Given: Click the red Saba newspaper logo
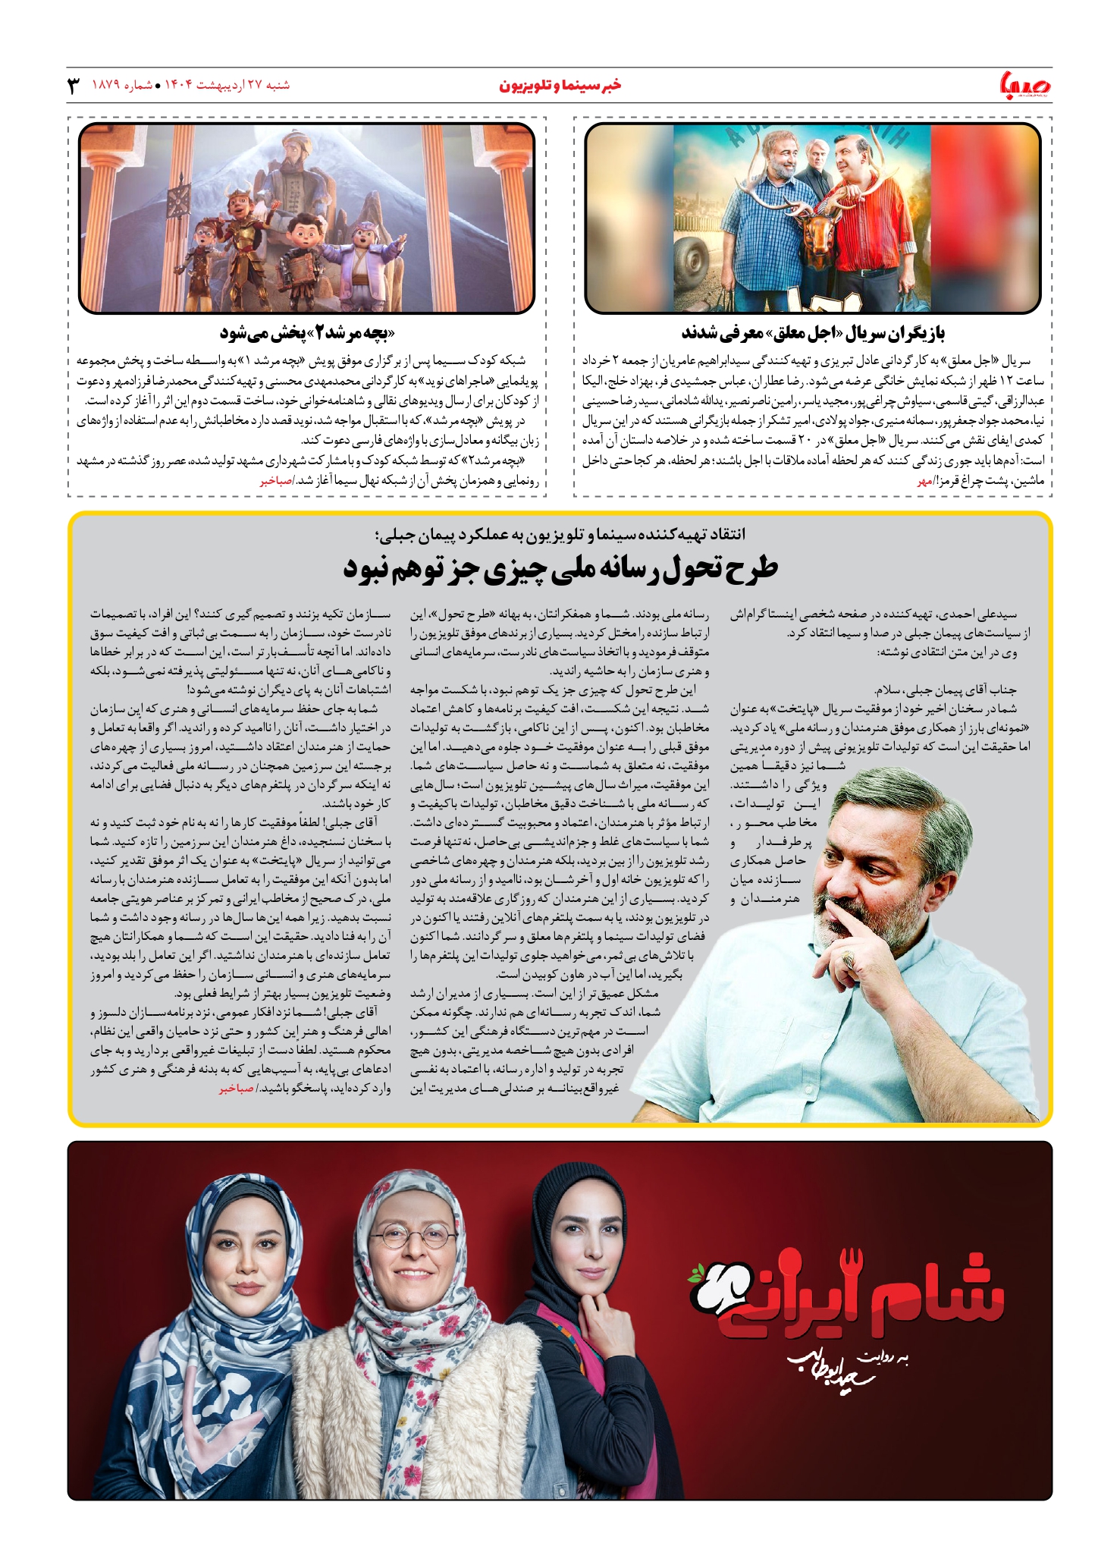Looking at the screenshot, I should pyautogui.click(x=1025, y=85).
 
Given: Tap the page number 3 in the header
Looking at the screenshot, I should pyautogui.click(x=74, y=86).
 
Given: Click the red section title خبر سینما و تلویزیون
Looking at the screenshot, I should pyautogui.click(x=560, y=85).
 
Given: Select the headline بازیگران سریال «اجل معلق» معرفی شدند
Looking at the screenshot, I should pyautogui.click(x=813, y=333).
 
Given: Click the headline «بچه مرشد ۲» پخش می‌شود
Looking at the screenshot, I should pyautogui.click(x=307, y=333).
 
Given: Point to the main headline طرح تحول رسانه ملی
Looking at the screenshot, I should pyautogui.click(x=560, y=569).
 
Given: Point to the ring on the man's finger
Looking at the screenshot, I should pyautogui.click(x=851, y=961).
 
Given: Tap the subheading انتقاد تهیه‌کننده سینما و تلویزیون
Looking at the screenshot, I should pyautogui.click(x=560, y=534).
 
